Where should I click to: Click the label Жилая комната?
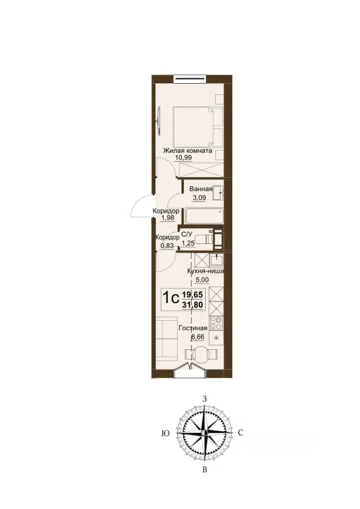point(188,151)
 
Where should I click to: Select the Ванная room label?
point(201,189)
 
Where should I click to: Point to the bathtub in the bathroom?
point(204,216)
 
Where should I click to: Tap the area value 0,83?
point(167,245)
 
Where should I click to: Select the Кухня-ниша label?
point(206,271)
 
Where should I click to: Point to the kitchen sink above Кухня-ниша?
point(216,261)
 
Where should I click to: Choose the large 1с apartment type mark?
point(170,297)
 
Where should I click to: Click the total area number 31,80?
point(192,305)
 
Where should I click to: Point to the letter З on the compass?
point(205,399)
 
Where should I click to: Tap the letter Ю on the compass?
point(165,434)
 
